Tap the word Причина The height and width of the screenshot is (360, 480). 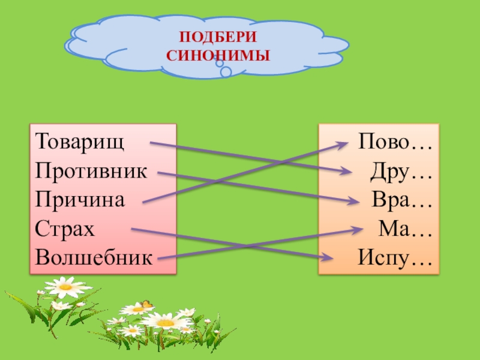pyautogui.click(x=80, y=200)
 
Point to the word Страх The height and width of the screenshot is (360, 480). pyautogui.click(x=65, y=229)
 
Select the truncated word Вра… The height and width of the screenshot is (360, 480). pyautogui.click(x=402, y=200)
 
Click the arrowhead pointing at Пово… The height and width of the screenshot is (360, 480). pyautogui.click(x=344, y=143)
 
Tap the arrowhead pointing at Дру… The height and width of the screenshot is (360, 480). pyautogui.click(x=346, y=172)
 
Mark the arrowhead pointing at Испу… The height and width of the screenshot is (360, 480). pyautogui.click(x=328, y=258)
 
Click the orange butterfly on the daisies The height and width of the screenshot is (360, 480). pyautogui.click(x=145, y=305)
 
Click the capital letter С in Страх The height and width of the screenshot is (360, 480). pyautogui.click(x=41, y=229)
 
